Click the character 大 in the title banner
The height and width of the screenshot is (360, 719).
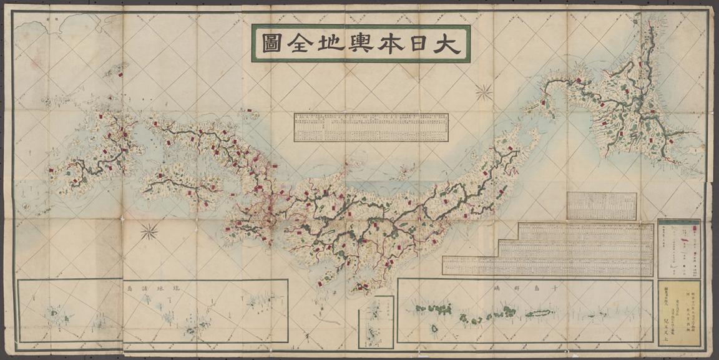(x=448, y=44)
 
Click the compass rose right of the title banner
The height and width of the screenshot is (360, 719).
(x=484, y=92)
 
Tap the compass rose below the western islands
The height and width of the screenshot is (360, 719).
(x=149, y=232)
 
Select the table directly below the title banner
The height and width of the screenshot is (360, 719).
(x=371, y=127)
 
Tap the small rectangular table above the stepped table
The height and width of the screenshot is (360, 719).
(x=602, y=206)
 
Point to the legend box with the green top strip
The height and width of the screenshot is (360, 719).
(x=680, y=248)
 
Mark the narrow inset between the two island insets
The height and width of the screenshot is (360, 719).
(x=376, y=321)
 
